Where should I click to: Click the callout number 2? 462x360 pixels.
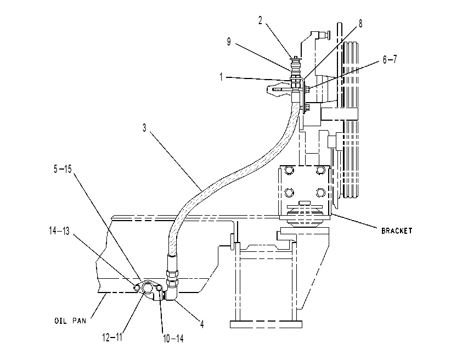tap(260, 20)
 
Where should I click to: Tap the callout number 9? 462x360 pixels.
tap(229, 42)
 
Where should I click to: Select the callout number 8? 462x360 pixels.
tap(360, 24)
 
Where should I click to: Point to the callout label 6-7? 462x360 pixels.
tap(390, 59)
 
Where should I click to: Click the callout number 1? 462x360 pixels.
tap(221, 77)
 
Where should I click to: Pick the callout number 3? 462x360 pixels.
tap(144, 128)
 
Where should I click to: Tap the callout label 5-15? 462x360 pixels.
tap(63, 169)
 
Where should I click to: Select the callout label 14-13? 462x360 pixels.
tap(59, 230)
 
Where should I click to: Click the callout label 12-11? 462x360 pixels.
tap(112, 337)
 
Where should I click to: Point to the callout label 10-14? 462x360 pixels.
tap(173, 339)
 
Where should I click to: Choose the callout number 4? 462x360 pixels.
tap(202, 324)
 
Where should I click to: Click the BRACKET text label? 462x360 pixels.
tap(397, 230)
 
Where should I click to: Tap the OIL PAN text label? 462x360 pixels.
tap(70, 320)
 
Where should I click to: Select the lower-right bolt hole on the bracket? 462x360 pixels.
tap(320, 193)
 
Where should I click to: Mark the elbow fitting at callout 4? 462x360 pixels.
tap(171, 292)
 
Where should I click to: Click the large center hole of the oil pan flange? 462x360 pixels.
tap(147, 288)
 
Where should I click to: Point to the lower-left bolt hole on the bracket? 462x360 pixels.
tap(289, 193)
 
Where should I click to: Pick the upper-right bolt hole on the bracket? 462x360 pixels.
tap(320, 170)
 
